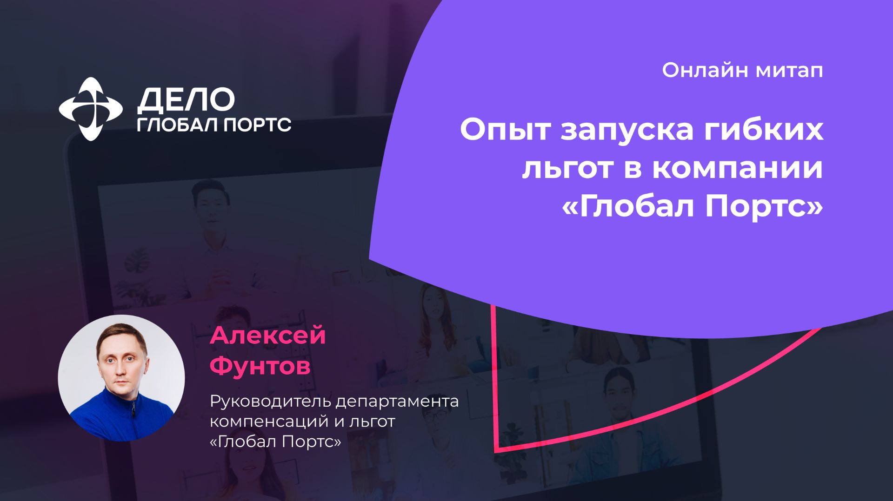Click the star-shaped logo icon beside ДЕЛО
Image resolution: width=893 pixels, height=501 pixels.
[91, 109]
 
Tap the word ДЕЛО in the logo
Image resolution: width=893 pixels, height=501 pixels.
[186, 100]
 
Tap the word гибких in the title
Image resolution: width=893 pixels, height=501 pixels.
[763, 130]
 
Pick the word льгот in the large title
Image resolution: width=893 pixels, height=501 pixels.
[566, 168]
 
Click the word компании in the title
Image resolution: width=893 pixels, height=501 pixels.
[737, 168]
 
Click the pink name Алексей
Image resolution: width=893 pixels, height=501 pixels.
[268, 336]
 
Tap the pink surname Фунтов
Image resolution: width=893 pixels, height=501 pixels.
[260, 366]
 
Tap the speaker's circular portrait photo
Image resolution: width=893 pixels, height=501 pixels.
[121, 378]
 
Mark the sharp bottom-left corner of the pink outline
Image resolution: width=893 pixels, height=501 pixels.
[497, 449]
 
